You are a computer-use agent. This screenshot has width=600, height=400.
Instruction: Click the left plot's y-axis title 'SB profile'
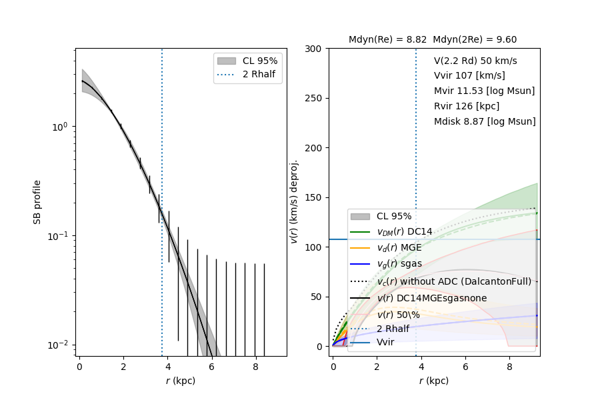tap(38, 201)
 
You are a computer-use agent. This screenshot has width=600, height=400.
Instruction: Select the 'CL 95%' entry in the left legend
tap(260, 60)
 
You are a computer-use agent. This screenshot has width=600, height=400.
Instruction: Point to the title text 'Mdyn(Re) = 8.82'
tap(388, 39)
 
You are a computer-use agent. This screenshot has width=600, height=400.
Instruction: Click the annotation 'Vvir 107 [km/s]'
tap(469, 75)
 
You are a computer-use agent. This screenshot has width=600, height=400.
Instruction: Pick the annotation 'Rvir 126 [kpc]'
tap(467, 106)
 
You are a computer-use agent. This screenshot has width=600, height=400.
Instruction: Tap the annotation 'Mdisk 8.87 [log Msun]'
tap(485, 121)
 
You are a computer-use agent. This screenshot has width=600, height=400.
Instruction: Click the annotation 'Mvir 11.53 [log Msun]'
tap(484, 91)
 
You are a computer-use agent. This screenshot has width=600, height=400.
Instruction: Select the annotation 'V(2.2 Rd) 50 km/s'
tap(475, 60)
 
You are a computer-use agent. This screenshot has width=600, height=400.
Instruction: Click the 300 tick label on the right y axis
tap(313, 49)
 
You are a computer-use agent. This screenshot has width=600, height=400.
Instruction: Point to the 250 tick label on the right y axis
tap(313, 98)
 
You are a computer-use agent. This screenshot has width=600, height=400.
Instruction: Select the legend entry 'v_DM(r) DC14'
tap(405, 231)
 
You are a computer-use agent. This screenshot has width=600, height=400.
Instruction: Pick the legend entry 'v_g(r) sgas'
tap(399, 263)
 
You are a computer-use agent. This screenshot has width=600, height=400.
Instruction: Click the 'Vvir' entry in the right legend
tap(385, 342)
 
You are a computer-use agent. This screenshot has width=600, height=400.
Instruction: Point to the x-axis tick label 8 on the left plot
tap(255, 366)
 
